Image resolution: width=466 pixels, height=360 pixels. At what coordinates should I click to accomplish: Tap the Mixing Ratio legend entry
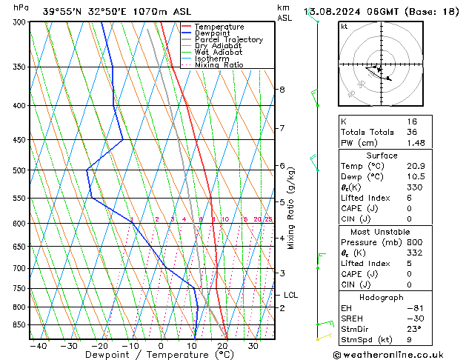pyautogui.click(x=219, y=65)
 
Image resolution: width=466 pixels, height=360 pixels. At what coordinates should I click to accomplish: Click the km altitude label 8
pyautogui.click(x=282, y=90)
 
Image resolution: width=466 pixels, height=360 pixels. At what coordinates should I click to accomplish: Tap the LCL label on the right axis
pyautogui.click(x=291, y=295)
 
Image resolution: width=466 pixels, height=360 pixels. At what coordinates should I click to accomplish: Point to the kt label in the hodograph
pyautogui.click(x=344, y=27)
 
